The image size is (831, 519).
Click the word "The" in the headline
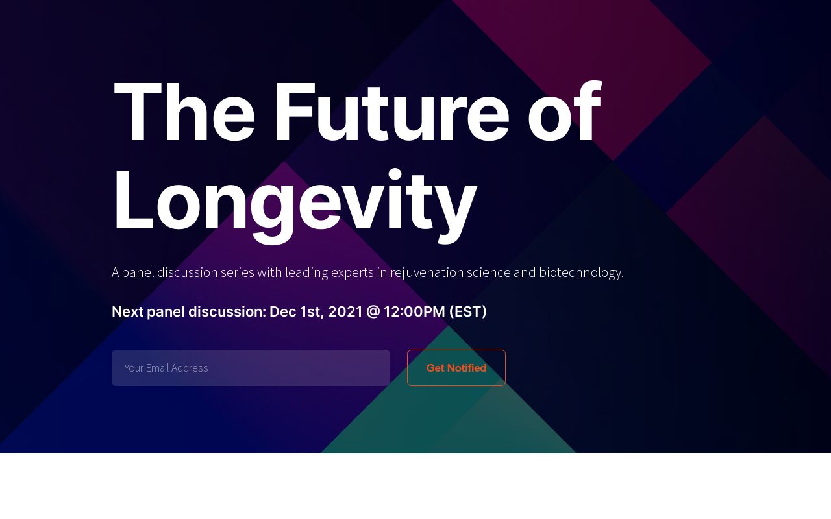[x=184, y=112]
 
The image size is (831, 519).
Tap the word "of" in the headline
[x=564, y=112]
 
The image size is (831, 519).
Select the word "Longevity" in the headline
[x=295, y=201]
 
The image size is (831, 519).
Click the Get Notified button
[x=456, y=368]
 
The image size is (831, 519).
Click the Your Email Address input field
[x=251, y=368]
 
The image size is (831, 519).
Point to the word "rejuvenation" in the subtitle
[x=427, y=272]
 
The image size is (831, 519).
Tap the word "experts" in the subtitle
[x=352, y=272]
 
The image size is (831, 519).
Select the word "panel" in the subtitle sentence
[x=138, y=272]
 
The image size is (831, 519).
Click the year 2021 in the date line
[x=345, y=312]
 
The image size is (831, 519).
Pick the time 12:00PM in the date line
[x=414, y=312]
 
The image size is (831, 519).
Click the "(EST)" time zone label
[x=467, y=312]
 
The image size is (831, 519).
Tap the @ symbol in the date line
[x=373, y=312]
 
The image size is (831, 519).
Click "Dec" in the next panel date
[x=282, y=312]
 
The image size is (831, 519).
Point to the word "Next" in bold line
[x=127, y=312]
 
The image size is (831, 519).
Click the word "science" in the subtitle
[x=488, y=272]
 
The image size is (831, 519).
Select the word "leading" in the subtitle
[x=306, y=272]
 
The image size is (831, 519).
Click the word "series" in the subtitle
[x=237, y=272]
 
